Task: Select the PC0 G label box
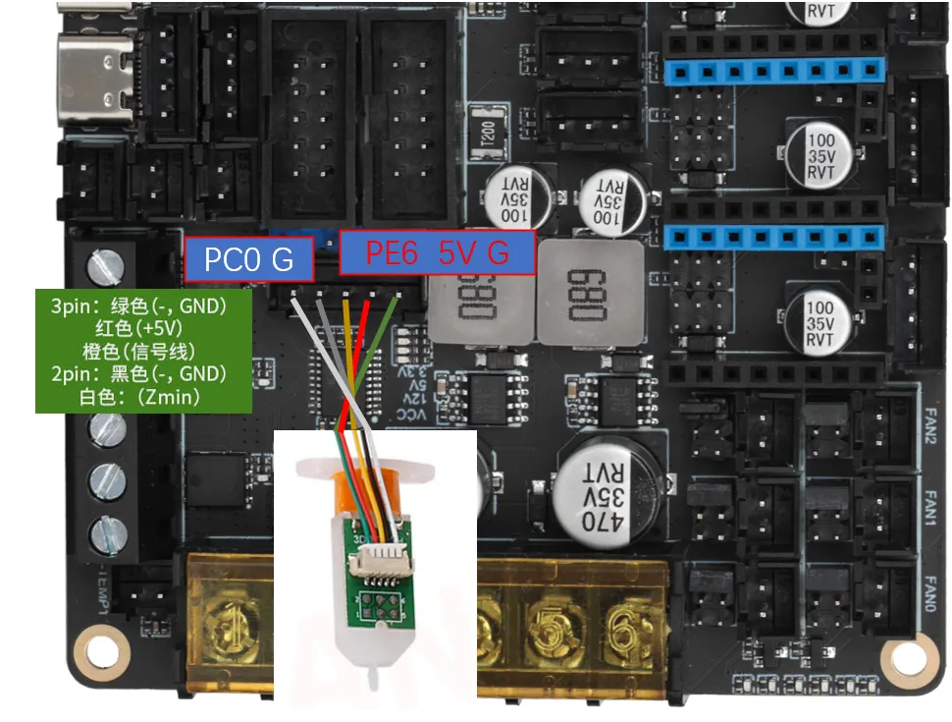click(x=249, y=259)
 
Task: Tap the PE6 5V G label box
click(x=438, y=253)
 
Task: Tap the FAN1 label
click(x=933, y=510)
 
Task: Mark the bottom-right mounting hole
click(x=905, y=659)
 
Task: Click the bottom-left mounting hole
click(x=105, y=651)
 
